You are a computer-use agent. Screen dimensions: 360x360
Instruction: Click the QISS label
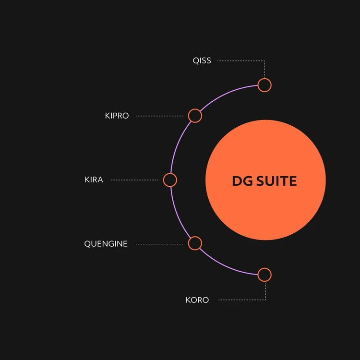(202, 60)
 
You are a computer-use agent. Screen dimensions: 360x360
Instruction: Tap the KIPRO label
(117, 116)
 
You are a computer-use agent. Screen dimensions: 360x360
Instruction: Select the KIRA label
(94, 180)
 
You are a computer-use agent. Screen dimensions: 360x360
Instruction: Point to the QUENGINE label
(106, 243)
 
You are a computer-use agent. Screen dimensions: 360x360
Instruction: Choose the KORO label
(197, 300)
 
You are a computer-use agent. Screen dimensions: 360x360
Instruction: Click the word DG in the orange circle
(242, 181)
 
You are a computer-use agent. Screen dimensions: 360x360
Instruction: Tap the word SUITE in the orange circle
(276, 181)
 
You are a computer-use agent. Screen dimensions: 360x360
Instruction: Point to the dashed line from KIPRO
(159, 116)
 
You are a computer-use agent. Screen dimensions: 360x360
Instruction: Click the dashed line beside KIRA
(135, 180)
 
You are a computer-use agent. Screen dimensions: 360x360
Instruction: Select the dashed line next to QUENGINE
(159, 244)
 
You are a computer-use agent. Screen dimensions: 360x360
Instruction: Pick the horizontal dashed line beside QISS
(241, 61)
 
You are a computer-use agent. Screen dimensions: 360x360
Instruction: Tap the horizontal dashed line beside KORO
(242, 300)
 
